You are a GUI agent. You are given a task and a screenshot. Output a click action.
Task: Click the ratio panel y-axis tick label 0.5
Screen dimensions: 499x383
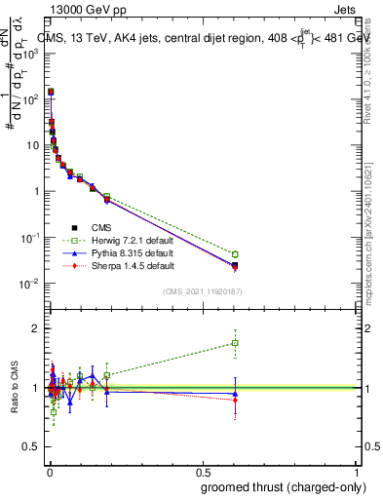click(31, 448)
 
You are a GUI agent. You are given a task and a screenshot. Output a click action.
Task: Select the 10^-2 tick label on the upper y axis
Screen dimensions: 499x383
click(29, 284)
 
